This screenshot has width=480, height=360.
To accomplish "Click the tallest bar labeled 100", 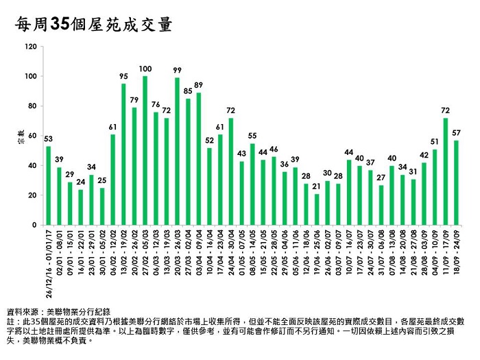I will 145,151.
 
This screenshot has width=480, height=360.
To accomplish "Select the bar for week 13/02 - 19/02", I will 123,154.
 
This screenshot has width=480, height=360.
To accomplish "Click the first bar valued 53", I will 49,185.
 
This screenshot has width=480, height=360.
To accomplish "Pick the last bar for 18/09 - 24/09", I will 456,182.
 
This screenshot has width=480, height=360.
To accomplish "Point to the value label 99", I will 177,70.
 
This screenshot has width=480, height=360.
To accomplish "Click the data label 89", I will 198,85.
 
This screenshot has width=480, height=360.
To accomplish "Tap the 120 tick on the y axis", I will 29,47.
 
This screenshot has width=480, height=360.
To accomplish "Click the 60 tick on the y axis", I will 31,136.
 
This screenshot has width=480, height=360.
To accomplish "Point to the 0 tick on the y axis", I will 33,225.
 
